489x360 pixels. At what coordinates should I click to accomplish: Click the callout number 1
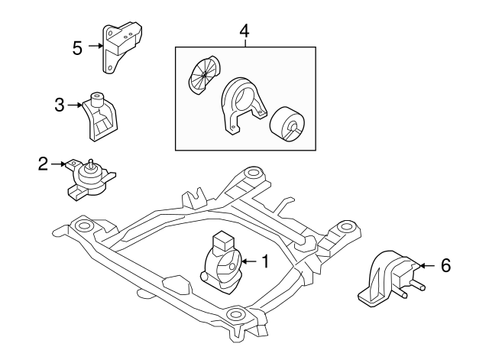point(264,261)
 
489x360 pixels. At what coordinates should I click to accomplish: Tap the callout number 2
point(43,163)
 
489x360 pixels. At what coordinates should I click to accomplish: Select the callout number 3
point(59,106)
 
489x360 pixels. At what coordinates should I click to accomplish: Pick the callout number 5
point(77,47)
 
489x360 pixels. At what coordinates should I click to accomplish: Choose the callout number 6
point(446,265)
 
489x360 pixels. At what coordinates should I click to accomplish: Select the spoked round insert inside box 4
point(203,76)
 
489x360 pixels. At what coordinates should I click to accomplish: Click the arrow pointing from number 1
point(248,261)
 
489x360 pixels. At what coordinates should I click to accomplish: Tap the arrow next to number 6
point(426,265)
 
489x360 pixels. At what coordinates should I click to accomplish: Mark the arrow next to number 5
point(96,47)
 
